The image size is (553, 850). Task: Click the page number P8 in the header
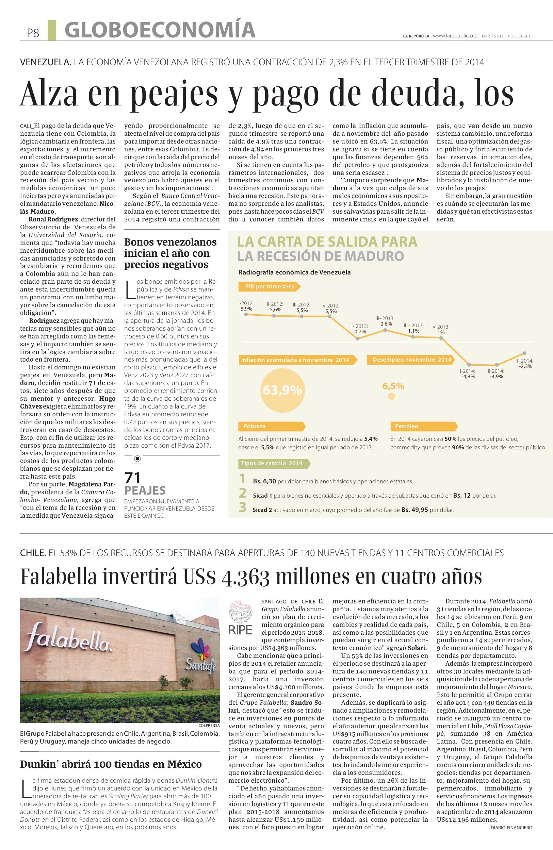pyautogui.click(x=33, y=33)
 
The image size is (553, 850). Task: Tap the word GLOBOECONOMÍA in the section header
pyautogui.click(x=160, y=30)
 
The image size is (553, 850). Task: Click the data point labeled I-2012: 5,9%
pyautogui.click(x=245, y=314)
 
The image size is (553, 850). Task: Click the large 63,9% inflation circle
pyautogui.click(x=282, y=390)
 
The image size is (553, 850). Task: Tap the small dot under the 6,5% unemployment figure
pyautogui.click(x=392, y=396)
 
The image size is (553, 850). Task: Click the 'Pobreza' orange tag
pyautogui.click(x=272, y=426)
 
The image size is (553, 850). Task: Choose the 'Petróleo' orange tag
pyautogui.click(x=423, y=426)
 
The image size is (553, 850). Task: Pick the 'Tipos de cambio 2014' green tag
pyautogui.click(x=274, y=463)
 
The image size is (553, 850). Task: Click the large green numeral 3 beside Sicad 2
pyautogui.click(x=243, y=507)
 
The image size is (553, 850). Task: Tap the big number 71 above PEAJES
pyautogui.click(x=132, y=478)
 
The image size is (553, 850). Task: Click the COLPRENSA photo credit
pyautogui.click(x=209, y=726)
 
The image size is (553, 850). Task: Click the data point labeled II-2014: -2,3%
pyautogui.click(x=524, y=353)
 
